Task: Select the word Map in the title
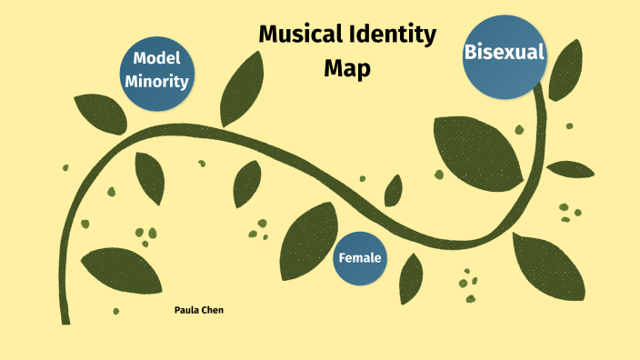coord(347,68)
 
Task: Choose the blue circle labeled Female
coord(360,258)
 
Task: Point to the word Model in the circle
coord(157,58)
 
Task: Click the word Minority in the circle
coord(157,81)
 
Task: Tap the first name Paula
coord(187,311)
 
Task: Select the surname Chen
coord(213,311)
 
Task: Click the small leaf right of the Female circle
coord(411,276)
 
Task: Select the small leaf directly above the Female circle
coord(394,191)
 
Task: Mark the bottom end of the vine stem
coord(65,319)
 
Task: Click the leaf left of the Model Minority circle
coord(99,113)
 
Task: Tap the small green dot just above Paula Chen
coord(116,311)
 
